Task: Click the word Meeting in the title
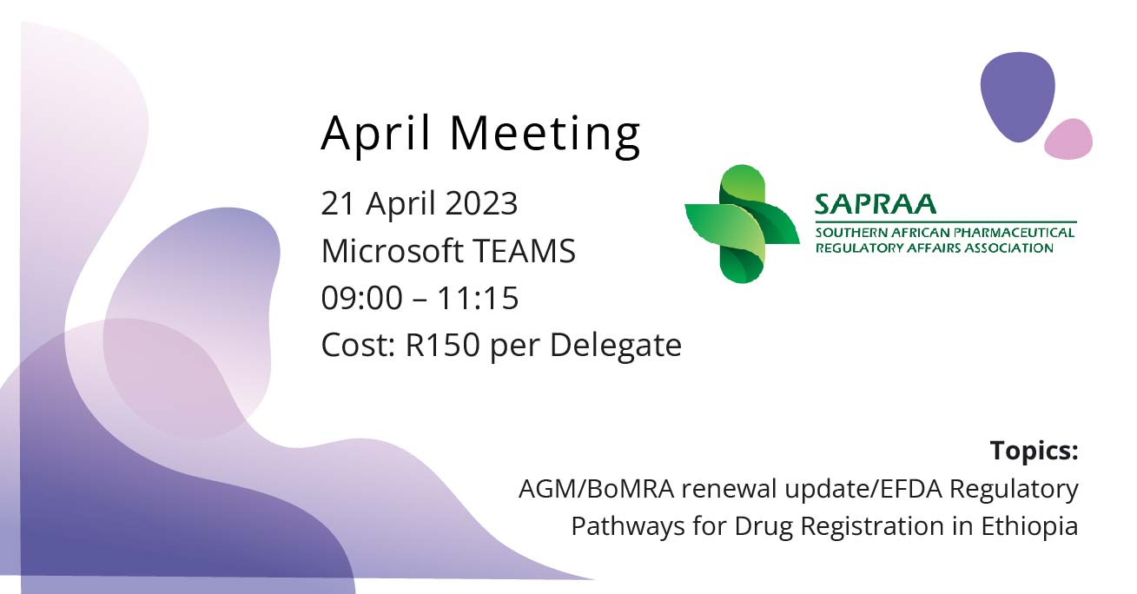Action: pos(545,135)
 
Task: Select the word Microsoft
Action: pos(393,250)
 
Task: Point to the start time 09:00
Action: pos(362,298)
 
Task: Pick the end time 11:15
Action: pos(478,298)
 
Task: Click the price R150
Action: pos(443,346)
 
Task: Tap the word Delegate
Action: pos(615,346)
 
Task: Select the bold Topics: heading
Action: pos(1034,451)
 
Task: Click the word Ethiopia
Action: pos(1029,526)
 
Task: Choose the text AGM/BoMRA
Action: pos(597,490)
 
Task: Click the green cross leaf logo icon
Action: pos(742,224)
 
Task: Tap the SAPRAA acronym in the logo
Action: pos(876,204)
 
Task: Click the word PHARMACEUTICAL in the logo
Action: pos(1015,233)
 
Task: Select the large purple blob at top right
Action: pos(1018,96)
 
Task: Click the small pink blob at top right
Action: pos(1068,139)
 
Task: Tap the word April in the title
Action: pos(376,135)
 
